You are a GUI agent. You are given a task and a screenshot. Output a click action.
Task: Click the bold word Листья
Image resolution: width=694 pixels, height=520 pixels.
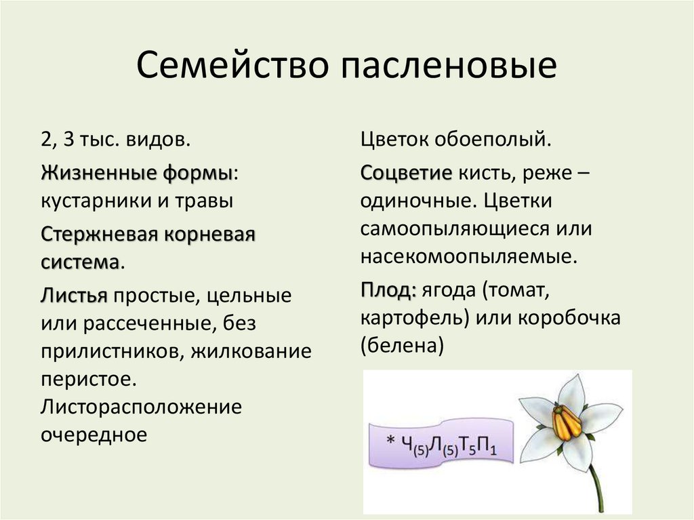coord(74,296)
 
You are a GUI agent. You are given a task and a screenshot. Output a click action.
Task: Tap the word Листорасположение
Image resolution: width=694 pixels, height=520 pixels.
coord(141,407)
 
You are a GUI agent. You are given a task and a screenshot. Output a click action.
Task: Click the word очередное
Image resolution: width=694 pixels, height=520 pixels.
coord(94,434)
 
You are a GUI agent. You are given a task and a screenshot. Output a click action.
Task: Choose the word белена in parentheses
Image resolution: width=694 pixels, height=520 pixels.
coord(402,346)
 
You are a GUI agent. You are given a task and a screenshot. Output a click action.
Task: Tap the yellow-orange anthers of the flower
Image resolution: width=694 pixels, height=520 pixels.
coord(567,422)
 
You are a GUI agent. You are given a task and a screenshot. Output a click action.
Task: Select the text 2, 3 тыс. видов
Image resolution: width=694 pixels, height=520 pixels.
coord(115,140)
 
